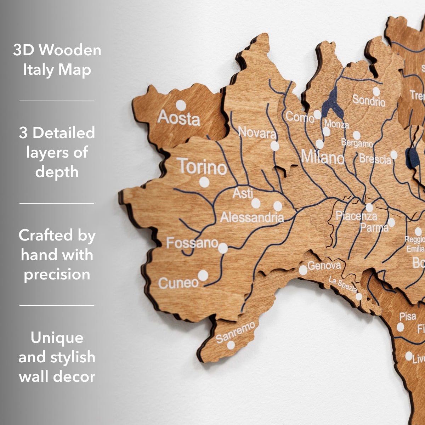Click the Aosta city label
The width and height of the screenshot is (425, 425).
click(178, 118)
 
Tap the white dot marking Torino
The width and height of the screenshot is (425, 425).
click(204, 182)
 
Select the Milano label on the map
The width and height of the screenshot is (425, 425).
click(322, 157)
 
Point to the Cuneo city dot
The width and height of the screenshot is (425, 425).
click(203, 275)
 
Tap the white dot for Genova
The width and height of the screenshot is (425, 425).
click(303, 270)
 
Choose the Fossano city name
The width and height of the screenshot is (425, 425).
click(192, 243)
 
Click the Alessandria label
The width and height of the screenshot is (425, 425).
click(252, 217)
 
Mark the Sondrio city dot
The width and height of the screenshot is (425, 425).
click(376, 92)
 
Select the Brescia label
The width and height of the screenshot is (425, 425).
click(375, 159)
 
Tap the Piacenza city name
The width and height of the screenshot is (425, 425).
click(356, 215)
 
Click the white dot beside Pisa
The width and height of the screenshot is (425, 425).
click(400, 327)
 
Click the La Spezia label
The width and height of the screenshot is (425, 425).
click(342, 284)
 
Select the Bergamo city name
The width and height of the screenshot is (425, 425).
click(357, 143)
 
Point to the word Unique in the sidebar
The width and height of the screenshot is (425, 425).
click(57, 337)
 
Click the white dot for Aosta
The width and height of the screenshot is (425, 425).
click(181, 105)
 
